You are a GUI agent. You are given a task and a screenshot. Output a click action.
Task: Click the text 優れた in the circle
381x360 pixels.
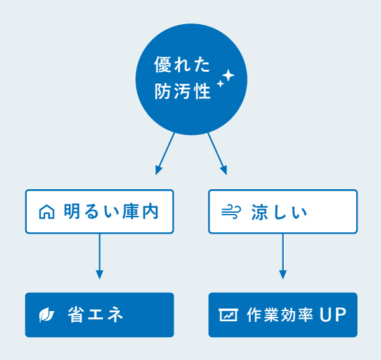point(182,65)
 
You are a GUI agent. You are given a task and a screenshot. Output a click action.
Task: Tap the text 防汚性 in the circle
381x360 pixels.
point(182,91)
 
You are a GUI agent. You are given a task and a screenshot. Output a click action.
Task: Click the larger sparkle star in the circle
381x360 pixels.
point(229,76)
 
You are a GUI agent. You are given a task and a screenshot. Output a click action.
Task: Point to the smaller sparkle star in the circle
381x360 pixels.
point(220,84)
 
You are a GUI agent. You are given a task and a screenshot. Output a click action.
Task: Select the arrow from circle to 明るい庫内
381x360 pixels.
point(165,154)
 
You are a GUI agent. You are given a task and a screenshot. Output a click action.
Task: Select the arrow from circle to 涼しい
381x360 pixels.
point(217,154)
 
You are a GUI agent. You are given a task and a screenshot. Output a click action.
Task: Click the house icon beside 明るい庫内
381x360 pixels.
point(46,212)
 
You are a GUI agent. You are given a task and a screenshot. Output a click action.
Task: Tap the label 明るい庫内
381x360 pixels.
point(111,211)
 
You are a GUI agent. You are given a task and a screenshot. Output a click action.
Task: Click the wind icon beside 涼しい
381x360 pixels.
point(231,212)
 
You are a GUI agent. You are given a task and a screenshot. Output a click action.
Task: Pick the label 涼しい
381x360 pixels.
point(279,212)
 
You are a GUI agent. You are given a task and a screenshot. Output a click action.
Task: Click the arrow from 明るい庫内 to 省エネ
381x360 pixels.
point(100,257)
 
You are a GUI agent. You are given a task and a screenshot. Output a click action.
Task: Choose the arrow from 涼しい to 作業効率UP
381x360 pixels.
point(283,257)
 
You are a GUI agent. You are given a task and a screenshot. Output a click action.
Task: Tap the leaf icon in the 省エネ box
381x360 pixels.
point(46,315)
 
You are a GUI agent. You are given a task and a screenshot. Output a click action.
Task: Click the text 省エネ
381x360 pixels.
point(95,315)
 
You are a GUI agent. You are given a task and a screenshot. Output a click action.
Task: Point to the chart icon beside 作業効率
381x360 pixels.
point(228,315)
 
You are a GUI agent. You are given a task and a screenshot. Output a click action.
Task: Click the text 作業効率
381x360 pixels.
point(280,315)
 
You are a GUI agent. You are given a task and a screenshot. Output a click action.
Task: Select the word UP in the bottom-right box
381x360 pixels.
point(333,315)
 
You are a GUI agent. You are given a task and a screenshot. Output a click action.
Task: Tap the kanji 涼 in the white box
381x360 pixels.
point(260,212)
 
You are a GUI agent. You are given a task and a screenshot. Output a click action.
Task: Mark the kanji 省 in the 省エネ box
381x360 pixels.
point(76,315)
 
